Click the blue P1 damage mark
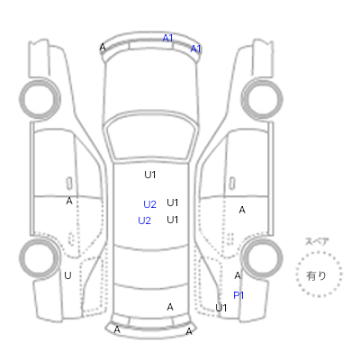point(238,295)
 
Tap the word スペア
point(317,241)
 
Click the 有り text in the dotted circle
point(316,275)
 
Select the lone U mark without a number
point(67,275)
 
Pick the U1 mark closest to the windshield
point(150,175)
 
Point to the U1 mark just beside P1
point(221,308)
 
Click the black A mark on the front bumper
point(103,47)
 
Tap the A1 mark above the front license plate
point(167,38)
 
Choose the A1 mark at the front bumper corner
point(195,49)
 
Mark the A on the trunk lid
point(170,307)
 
